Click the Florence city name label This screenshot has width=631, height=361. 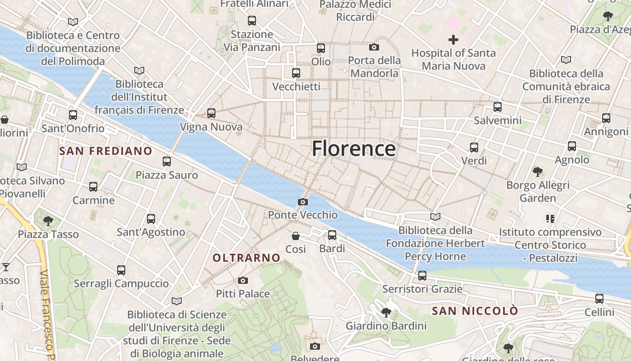(354, 148)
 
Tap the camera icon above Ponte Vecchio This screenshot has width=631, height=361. (303, 202)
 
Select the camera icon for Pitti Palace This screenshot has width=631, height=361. (243, 281)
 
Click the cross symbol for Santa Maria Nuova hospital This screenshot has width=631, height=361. (453, 40)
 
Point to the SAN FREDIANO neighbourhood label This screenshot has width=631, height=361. (106, 151)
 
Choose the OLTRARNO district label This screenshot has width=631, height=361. (247, 258)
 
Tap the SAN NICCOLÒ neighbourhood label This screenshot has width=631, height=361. (475, 311)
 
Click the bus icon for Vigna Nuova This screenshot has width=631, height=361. (211, 113)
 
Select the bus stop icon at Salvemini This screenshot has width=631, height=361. (498, 107)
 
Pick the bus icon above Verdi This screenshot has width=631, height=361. (474, 148)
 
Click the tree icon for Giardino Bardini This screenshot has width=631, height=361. (386, 312)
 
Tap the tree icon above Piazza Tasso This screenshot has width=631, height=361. (48, 221)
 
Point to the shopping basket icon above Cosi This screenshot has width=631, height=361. (296, 236)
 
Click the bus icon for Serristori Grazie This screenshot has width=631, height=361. (422, 276)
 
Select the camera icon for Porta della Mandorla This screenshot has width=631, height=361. (374, 47)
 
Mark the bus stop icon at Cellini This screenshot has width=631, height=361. (599, 299)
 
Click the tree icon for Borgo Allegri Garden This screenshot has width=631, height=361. (537, 171)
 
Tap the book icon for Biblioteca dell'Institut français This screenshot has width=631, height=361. (139, 70)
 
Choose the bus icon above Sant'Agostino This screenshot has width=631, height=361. (151, 219)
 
